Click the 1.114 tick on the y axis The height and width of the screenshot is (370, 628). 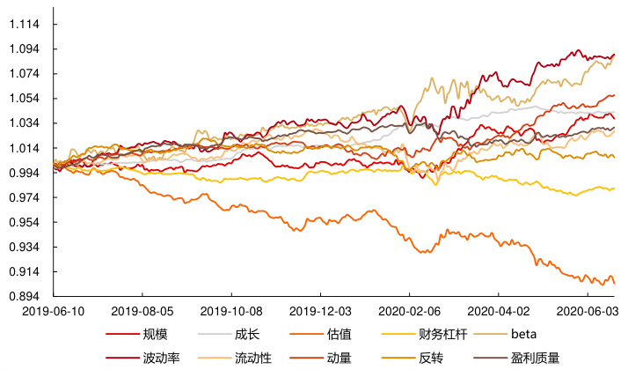coord(24,25)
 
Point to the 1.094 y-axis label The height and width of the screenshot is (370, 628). coord(24,49)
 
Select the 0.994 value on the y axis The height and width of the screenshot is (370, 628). coord(24,174)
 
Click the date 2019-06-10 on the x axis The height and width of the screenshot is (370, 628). coord(54,312)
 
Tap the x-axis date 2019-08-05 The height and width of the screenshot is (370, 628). coord(142,312)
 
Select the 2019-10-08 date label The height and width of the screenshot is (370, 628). coord(231,312)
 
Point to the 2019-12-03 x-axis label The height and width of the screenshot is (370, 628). coord(320,312)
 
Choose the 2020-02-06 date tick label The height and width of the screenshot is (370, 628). coord(409,312)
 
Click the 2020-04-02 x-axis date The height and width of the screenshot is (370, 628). coord(498,312)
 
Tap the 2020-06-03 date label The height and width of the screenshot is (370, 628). coord(587,312)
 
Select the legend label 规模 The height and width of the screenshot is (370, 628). coord(155,334)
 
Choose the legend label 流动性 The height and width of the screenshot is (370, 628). coord(253,358)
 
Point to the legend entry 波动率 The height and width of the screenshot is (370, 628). coord(161,358)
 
